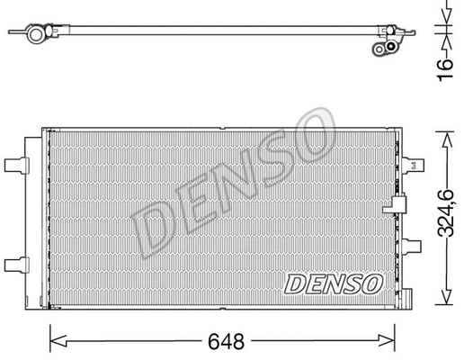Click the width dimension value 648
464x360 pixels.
coord(222,343)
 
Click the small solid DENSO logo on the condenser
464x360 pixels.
coord(334,283)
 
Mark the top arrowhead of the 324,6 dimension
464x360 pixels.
coord(442,137)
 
